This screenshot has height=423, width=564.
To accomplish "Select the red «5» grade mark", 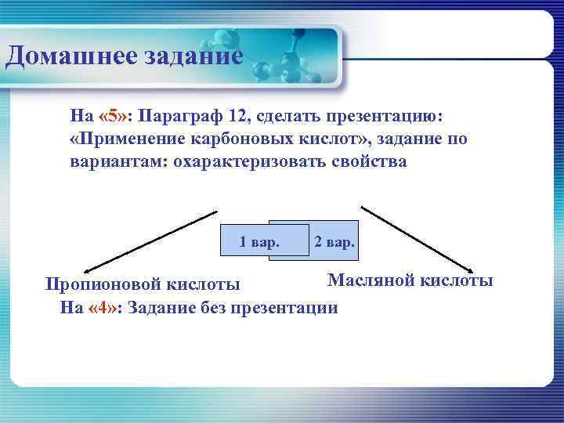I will click(x=114, y=117).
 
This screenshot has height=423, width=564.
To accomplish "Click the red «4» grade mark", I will click(x=105, y=306).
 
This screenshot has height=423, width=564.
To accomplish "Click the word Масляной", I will click(x=368, y=280).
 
